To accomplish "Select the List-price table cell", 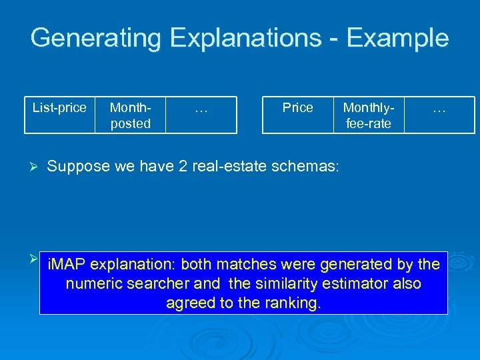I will [59, 108].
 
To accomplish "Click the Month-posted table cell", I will [130, 115].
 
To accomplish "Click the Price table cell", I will [297, 108].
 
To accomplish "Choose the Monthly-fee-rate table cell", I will [367, 115].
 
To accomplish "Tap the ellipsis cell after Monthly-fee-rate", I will [439, 108].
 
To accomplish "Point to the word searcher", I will [157, 284].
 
